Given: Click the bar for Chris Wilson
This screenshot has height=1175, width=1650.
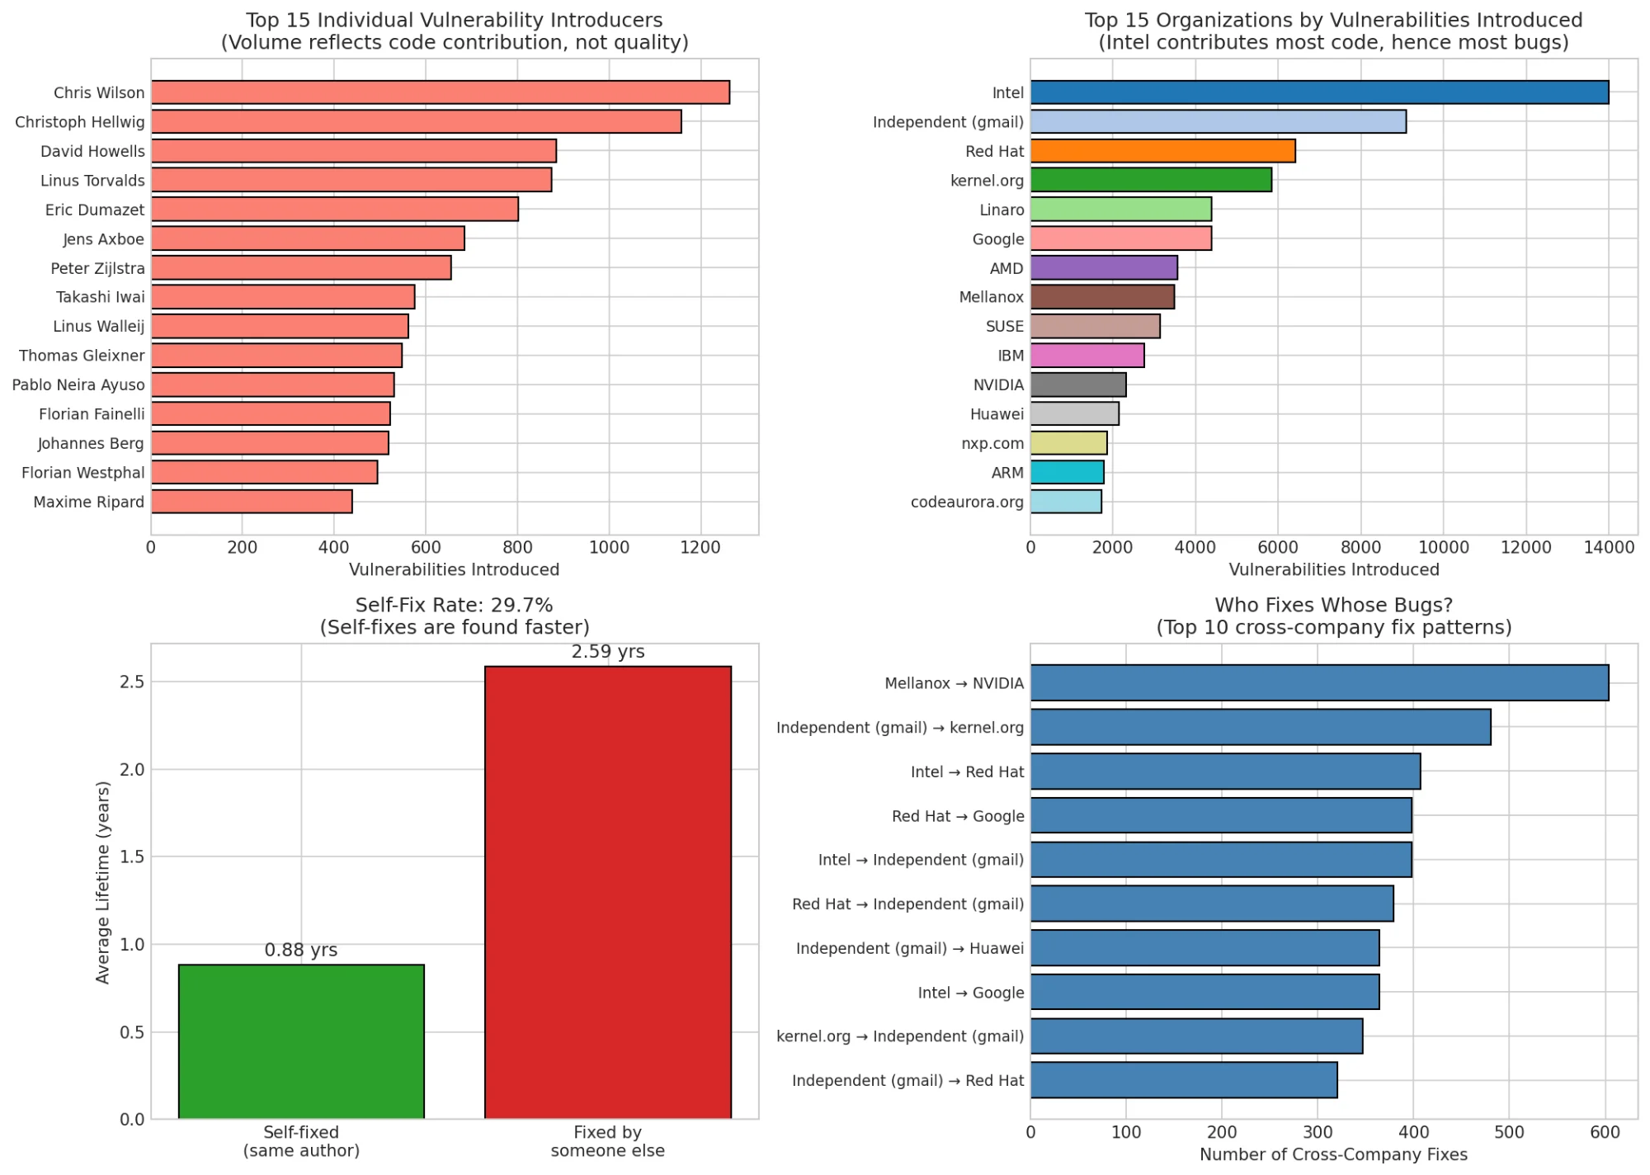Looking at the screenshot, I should pyautogui.click(x=440, y=92).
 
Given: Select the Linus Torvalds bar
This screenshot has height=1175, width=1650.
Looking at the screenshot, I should pyautogui.click(x=351, y=180).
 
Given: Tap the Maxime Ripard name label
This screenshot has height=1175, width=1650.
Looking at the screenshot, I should pyautogui.click(x=88, y=502).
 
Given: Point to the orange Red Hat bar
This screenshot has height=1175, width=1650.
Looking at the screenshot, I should pyautogui.click(x=1162, y=151).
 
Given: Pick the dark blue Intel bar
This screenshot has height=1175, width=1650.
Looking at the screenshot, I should pyautogui.click(x=1319, y=92).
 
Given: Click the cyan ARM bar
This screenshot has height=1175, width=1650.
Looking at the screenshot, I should pyautogui.click(x=1067, y=473).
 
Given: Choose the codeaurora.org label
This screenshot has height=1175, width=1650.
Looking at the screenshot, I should pyautogui.click(x=966, y=502).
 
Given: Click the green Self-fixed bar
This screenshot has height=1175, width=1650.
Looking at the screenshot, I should pyautogui.click(x=301, y=1041).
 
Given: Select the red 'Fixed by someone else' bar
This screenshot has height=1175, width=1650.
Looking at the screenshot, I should pyautogui.click(x=607, y=892).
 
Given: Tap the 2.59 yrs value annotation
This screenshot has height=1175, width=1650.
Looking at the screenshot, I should pyautogui.click(x=608, y=652).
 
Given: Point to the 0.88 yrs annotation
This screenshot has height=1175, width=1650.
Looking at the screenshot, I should pyautogui.click(x=301, y=951).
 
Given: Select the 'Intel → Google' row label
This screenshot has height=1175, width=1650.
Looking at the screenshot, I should pyautogui.click(x=970, y=993).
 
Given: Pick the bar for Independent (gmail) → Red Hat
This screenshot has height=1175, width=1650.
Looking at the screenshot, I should pyautogui.click(x=1183, y=1080).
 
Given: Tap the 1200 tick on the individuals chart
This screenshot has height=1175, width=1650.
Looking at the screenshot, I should pyautogui.click(x=700, y=548).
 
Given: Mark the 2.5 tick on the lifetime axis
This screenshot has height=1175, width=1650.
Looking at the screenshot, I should pyautogui.click(x=132, y=682).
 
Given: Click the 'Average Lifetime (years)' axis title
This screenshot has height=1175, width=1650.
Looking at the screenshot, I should pyautogui.click(x=103, y=882).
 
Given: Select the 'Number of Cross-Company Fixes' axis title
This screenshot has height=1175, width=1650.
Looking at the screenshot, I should pyautogui.click(x=1333, y=1154).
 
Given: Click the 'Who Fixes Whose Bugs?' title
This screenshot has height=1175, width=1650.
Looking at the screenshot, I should pyautogui.click(x=1333, y=605).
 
